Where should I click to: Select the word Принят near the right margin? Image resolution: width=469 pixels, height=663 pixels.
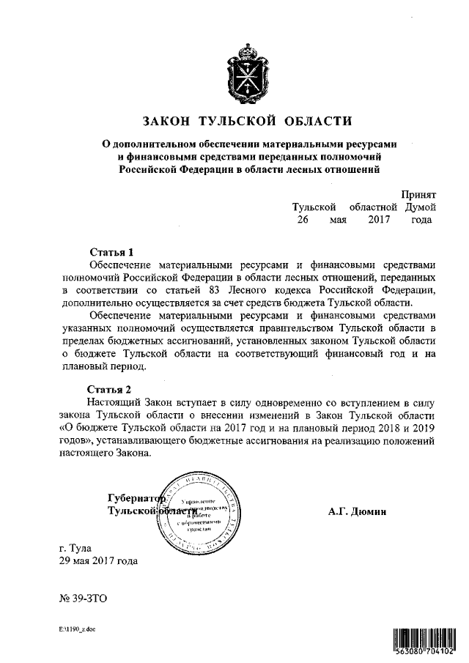point(418,194)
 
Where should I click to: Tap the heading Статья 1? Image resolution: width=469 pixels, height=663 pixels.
point(111,251)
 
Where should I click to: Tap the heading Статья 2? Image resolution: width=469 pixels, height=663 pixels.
point(111,388)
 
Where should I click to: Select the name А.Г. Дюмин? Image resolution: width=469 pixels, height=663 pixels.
point(357,511)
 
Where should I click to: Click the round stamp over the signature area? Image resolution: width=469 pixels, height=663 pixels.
point(199,511)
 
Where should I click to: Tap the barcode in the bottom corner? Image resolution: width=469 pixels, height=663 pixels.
point(422,640)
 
